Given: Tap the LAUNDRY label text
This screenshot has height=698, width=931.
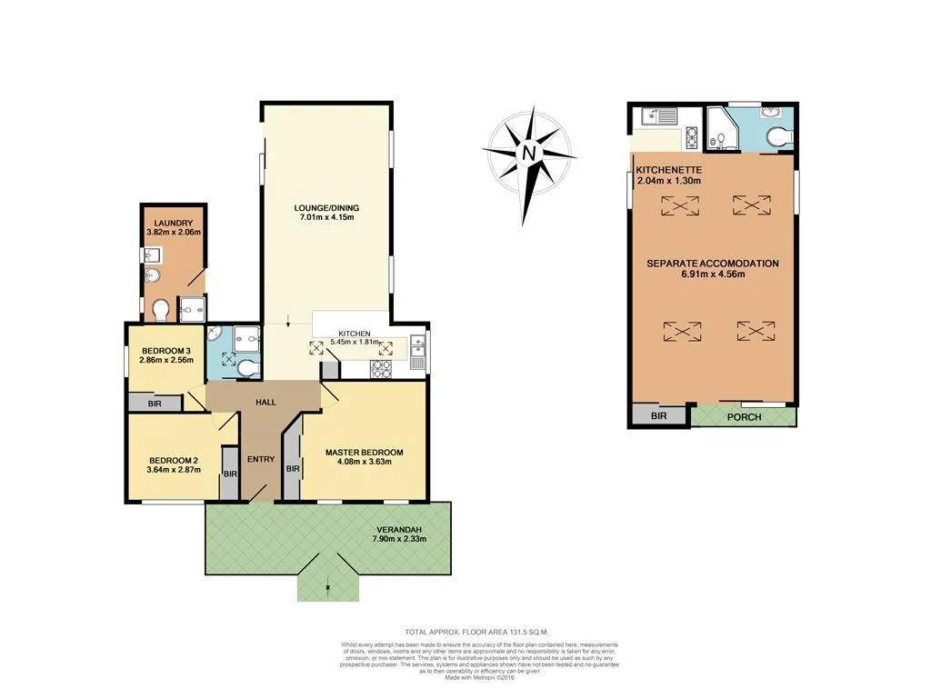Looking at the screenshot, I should coord(173,223).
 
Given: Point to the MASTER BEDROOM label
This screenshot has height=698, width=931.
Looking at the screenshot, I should coord(364,452).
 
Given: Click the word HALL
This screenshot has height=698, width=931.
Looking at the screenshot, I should coord(265,402).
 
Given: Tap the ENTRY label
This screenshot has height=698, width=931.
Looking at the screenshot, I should coord(261,459).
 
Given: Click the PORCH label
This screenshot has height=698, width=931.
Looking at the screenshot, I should coord(744,416).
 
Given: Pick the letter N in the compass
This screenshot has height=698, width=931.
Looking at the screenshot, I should coord(528,154).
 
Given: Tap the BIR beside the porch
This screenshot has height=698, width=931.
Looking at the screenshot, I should coord(659,416).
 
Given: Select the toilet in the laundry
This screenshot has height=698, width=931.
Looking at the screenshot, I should coord(161,311).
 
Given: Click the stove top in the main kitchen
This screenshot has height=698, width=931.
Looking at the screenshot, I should coord(379,368).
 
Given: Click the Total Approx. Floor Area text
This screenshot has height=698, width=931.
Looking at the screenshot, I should coord(476,631).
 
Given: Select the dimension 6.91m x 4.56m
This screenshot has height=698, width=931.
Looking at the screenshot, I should coord(713,274).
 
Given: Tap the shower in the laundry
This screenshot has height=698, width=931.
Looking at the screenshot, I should coord(193,310).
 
